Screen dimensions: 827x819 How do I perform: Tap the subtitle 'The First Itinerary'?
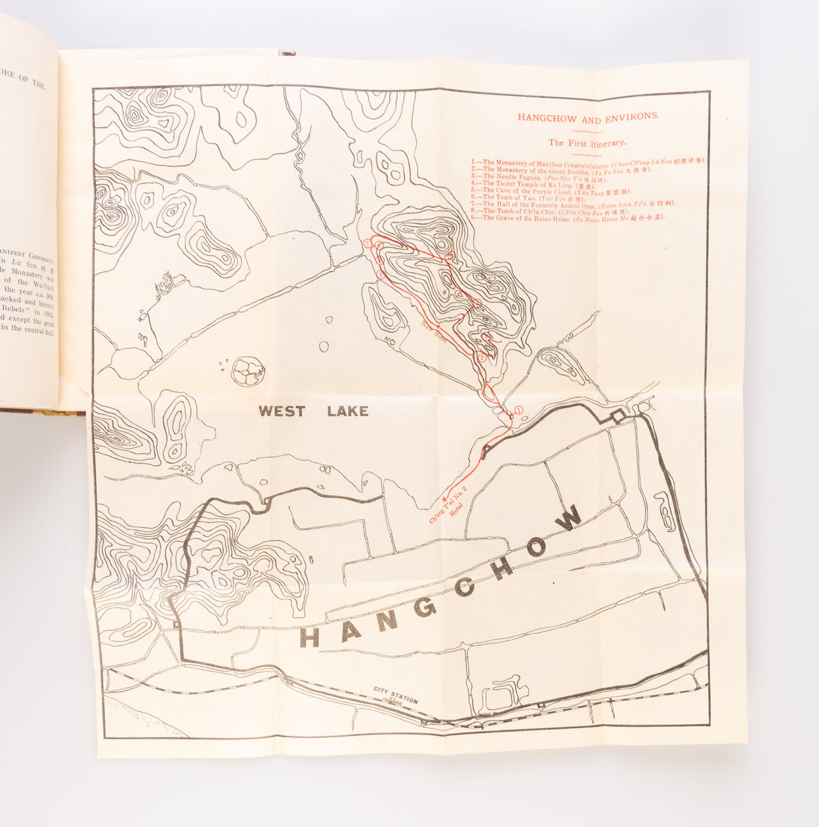tap(587, 142)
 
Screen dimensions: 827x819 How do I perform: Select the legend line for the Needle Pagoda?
tap(539, 176)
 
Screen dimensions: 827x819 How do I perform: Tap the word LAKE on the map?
tap(348, 412)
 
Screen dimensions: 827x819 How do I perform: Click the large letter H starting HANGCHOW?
tap(310, 637)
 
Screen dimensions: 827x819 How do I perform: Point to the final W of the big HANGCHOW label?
tap(570, 517)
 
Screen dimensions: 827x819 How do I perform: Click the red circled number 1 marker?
tap(518, 409)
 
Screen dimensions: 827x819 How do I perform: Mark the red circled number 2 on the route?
tap(482, 357)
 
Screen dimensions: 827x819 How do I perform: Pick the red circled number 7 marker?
tap(380, 261)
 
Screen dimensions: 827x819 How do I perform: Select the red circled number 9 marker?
tap(367, 244)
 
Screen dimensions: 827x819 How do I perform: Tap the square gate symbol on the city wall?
tap(617, 416)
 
